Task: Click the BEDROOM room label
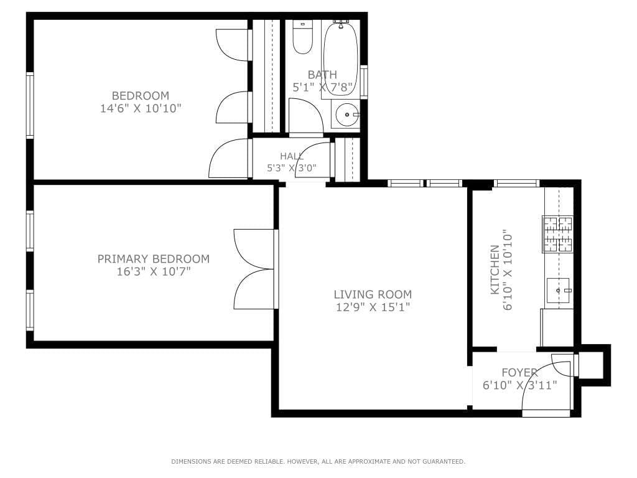[141, 95]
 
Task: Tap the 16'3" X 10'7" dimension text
[154, 271]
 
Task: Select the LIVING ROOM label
[373, 294]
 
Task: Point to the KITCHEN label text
[495, 269]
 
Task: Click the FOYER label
[519, 372]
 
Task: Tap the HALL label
[291, 156]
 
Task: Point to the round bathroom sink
[346, 115]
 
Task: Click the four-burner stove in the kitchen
[558, 234]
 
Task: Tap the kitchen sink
[558, 291]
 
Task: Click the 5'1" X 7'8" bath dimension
[322, 87]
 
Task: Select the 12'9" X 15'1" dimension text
[373, 307]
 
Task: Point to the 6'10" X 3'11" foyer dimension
[519, 385]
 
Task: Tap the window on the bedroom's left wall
[30, 105]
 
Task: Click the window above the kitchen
[516, 184]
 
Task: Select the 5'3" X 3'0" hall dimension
[291, 168]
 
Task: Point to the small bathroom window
[363, 82]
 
